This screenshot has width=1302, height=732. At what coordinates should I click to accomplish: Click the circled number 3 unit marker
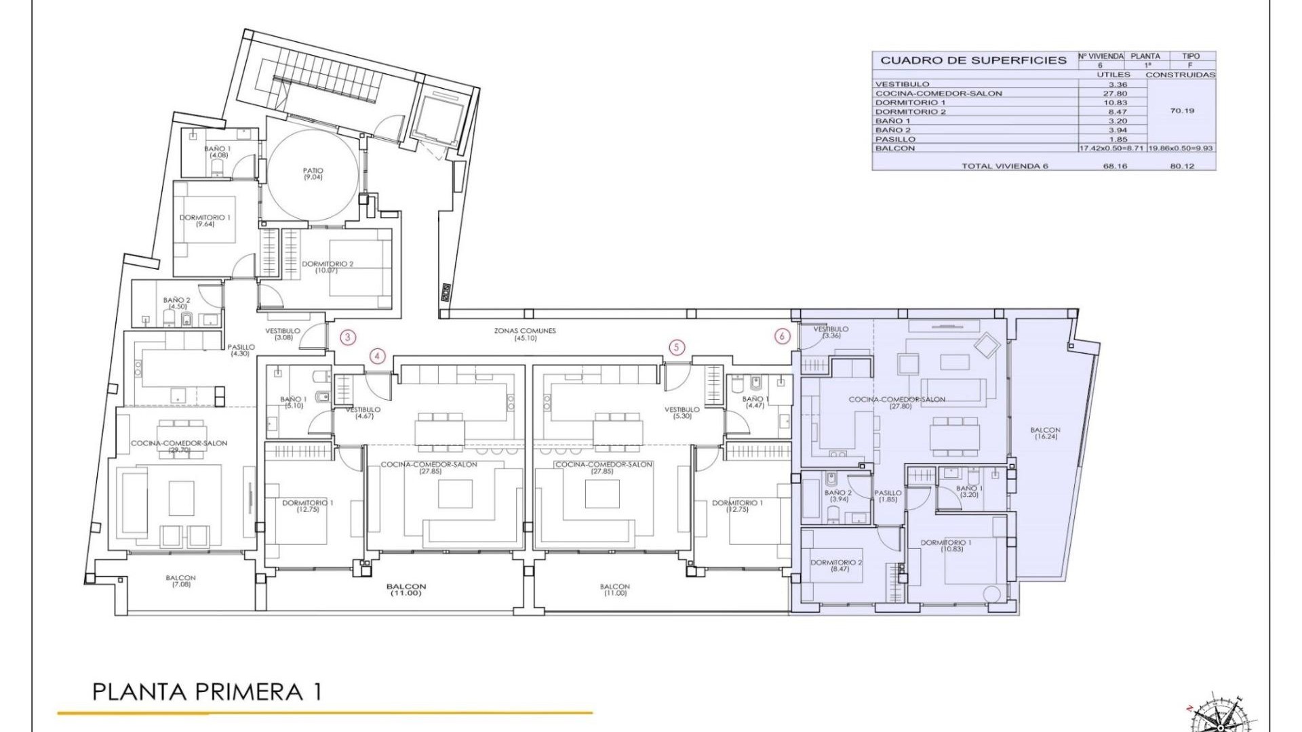(x=348, y=337)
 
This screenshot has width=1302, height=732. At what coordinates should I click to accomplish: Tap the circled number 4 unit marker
(x=378, y=356)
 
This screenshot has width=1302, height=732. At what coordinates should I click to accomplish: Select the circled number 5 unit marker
(x=677, y=348)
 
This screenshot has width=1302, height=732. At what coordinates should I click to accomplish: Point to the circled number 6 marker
(x=783, y=336)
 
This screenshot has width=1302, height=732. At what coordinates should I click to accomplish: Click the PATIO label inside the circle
(x=313, y=174)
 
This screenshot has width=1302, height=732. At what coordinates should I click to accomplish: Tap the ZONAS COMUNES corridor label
(x=525, y=334)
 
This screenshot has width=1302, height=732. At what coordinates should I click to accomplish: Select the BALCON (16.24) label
(x=1045, y=433)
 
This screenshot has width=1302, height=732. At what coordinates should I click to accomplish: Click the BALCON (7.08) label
(x=181, y=581)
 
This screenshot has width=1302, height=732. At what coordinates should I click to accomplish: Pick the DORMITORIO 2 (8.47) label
(x=837, y=565)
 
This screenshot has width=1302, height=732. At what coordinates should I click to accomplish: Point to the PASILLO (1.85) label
(x=888, y=496)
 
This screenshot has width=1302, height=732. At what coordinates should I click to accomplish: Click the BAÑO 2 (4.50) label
(x=177, y=303)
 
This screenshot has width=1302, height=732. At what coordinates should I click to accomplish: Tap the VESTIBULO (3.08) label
(x=283, y=334)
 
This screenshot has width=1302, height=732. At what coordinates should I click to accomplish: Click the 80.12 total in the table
(x=1182, y=166)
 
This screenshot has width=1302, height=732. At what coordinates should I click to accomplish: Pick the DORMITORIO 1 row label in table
(x=910, y=102)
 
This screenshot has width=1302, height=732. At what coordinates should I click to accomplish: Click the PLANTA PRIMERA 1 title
(x=207, y=692)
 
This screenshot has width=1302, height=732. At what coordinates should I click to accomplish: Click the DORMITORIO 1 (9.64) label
(x=205, y=220)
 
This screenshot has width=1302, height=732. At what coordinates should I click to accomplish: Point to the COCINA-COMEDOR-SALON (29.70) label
(x=179, y=446)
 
